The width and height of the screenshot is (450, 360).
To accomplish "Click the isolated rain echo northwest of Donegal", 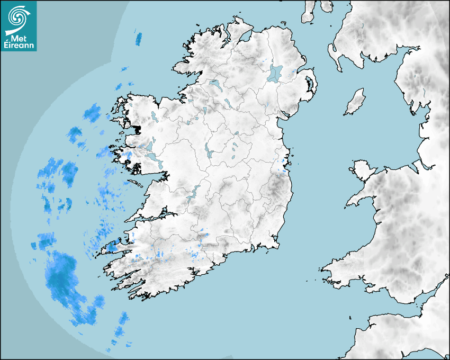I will coord(139,38).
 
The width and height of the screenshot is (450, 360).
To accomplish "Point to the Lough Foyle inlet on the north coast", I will coord(245,37).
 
